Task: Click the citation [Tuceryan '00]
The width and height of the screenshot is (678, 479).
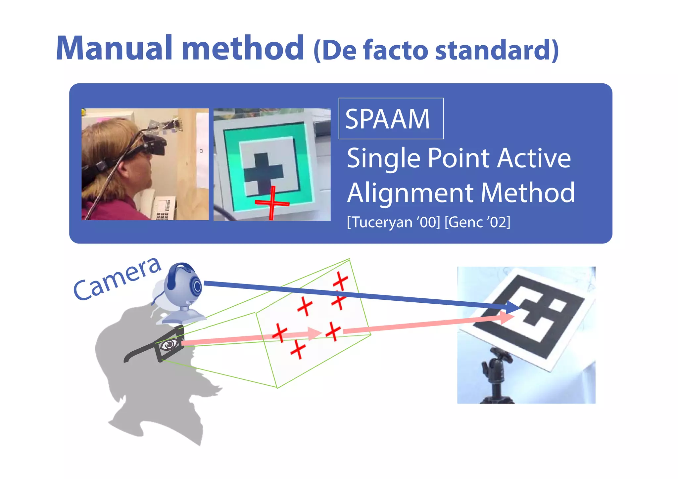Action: click(x=393, y=222)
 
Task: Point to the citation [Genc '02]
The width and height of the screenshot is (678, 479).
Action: click(x=477, y=222)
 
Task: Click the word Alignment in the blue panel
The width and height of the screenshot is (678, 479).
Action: click(x=411, y=193)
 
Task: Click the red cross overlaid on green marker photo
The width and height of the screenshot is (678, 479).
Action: click(x=272, y=202)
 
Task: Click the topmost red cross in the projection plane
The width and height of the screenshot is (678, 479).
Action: click(x=340, y=281)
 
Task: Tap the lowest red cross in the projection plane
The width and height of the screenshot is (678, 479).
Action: click(x=298, y=350)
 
